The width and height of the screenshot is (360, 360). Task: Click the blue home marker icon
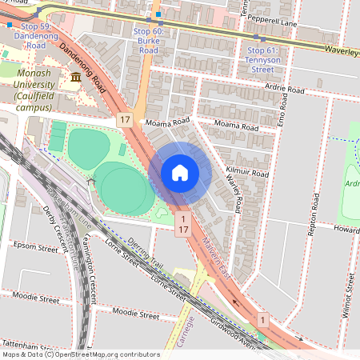click(x=180, y=172)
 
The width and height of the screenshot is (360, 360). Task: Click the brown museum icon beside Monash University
click(x=76, y=77)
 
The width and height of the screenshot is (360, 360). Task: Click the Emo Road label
click(x=282, y=109)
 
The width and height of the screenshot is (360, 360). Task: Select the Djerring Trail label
click(x=144, y=257)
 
